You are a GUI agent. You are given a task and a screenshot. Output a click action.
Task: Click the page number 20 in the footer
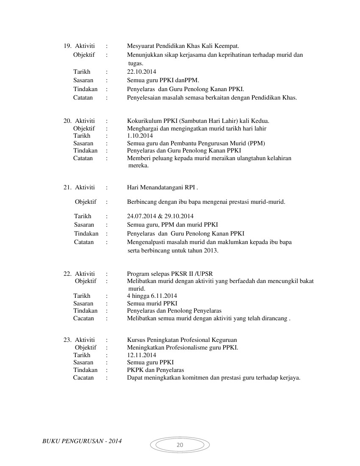[180, 445]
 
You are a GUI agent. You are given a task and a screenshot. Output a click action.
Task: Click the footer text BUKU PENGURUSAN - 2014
[82, 441]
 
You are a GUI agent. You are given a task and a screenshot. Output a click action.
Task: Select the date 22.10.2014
[141, 72]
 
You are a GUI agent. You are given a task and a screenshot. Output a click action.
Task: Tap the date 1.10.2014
[140, 136]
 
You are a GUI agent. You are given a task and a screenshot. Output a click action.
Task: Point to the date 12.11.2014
[141, 355]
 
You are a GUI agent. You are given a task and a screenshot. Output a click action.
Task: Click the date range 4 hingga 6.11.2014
[152, 296]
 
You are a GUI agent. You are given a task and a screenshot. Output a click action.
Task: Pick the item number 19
[67, 46]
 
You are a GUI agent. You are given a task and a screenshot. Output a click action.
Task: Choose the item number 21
[67, 187]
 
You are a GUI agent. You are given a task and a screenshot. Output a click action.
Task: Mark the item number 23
[67, 340]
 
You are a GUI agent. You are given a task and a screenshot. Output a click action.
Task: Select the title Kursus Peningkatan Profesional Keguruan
[182, 340]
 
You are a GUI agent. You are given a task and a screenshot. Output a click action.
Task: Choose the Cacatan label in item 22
[83, 318]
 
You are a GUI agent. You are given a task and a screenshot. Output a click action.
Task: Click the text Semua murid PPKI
[152, 303]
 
